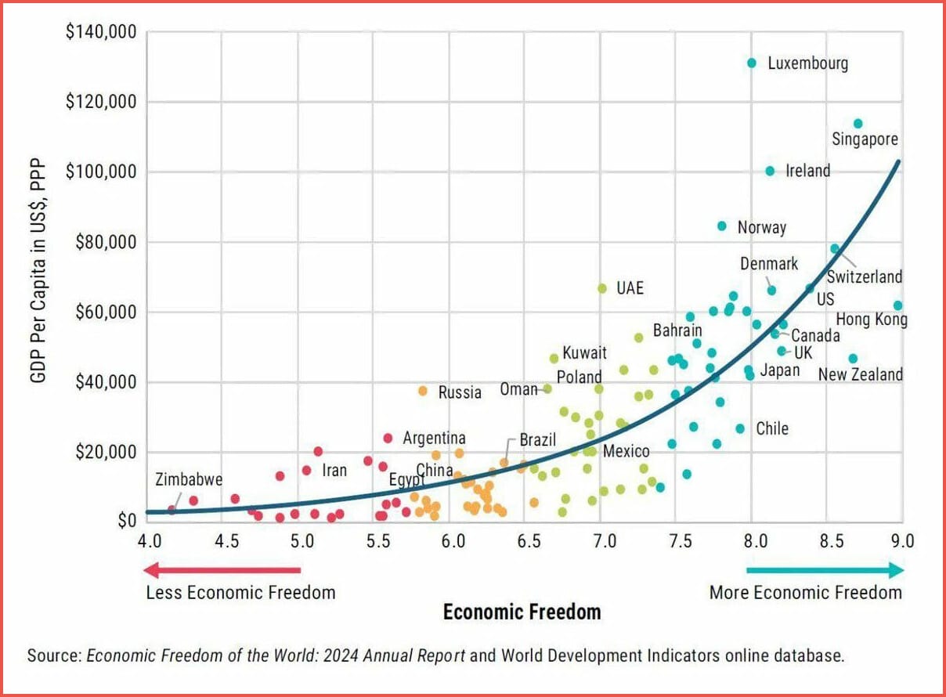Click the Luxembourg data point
(x=752, y=63)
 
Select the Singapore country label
(x=865, y=140)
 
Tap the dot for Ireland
(x=770, y=171)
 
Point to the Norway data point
(x=722, y=226)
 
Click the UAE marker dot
(x=602, y=288)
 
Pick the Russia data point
(x=423, y=391)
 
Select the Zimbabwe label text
(x=189, y=480)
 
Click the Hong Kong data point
(x=897, y=305)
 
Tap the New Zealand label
(x=860, y=374)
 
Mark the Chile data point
(x=740, y=428)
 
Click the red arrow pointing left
(x=223, y=570)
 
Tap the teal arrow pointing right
(x=825, y=570)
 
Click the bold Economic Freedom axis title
(x=522, y=612)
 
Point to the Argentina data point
(x=388, y=439)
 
